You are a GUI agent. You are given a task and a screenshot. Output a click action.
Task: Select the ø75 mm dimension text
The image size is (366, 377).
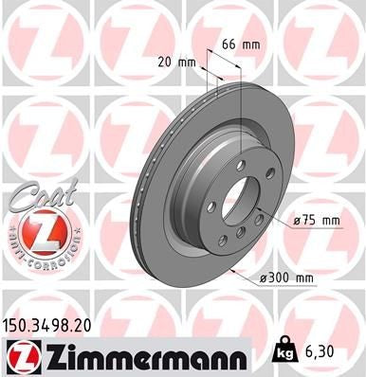316,221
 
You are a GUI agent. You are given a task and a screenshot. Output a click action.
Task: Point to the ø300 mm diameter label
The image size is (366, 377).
288,277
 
